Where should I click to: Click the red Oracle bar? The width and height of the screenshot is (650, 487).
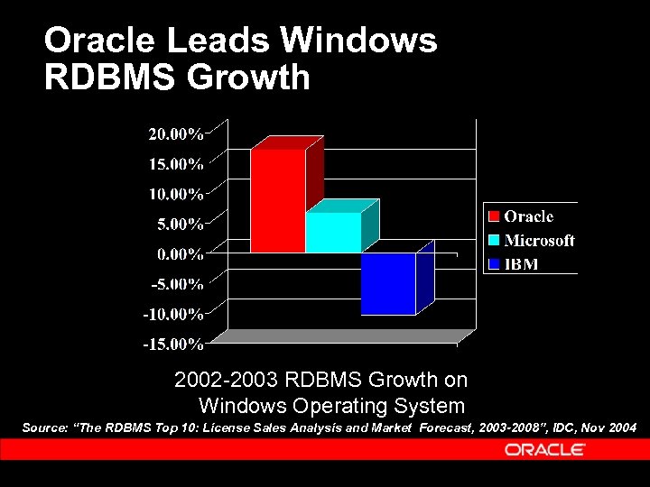pos(277,200)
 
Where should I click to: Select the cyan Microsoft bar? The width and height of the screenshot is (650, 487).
pos(333,232)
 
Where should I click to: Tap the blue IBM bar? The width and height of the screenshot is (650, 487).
pos(388,283)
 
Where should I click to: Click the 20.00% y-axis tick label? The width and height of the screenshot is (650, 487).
pos(175,134)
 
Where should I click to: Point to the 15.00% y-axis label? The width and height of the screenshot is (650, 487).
pos(175,164)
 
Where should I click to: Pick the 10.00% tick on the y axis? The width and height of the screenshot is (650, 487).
pos(175,194)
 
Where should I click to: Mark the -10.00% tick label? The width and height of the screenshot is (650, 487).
pos(172,314)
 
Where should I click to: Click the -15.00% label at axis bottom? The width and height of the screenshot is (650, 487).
pos(172,344)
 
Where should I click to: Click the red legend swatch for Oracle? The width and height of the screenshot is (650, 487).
pos(494,216)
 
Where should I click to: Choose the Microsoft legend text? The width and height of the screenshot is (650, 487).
pos(539,241)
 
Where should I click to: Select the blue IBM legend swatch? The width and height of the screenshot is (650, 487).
pos(494,264)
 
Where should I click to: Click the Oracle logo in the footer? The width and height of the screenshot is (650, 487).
pos(544,449)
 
